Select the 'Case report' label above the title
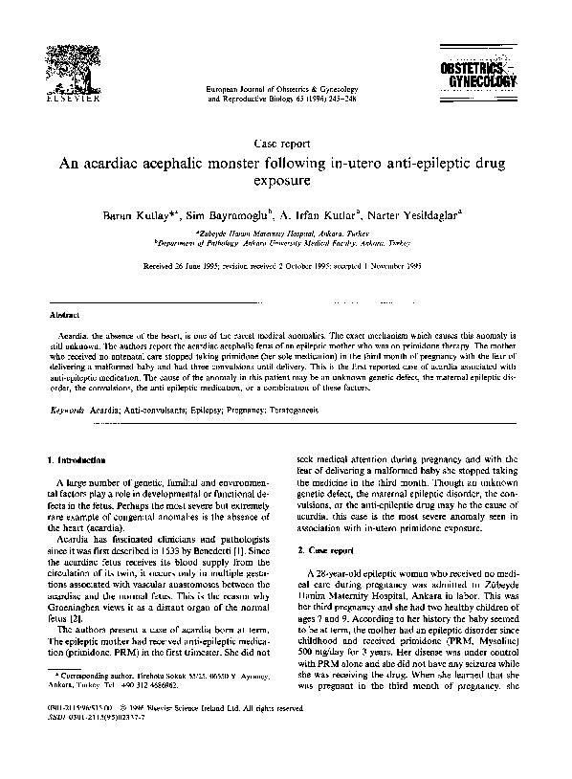(x=286, y=140)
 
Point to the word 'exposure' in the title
(x=285, y=180)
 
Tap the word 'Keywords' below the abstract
(x=68, y=409)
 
